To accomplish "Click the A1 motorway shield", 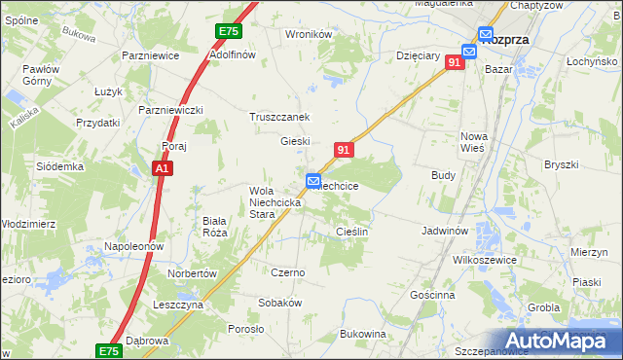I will click(x=164, y=169).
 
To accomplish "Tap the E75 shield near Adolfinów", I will click(x=228, y=32).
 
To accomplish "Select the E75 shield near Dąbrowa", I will click(x=109, y=350).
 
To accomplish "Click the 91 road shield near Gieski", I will click(x=343, y=150).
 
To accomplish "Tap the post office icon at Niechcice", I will click(x=313, y=181).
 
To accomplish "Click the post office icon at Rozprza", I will click(x=469, y=51).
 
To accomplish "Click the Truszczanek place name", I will click(x=279, y=117).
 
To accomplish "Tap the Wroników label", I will click(x=309, y=34).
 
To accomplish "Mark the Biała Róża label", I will click(x=214, y=227).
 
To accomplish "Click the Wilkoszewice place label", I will click(x=489, y=262).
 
